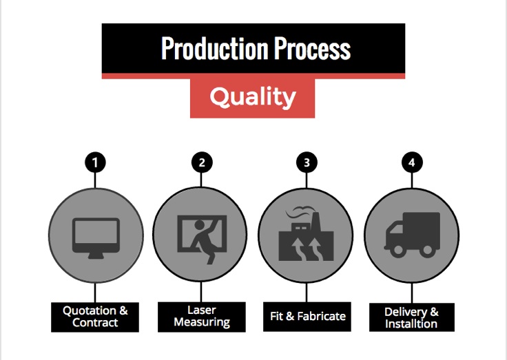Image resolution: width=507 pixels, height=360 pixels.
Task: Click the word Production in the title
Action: (215, 48)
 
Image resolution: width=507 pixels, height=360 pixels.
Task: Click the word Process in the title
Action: (312, 48)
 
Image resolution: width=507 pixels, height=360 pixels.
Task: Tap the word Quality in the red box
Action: (253, 97)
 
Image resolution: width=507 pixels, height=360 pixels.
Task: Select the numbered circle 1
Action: (95, 162)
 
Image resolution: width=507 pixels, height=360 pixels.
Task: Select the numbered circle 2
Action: (202, 162)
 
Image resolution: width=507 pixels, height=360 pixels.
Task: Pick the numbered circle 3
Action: (307, 162)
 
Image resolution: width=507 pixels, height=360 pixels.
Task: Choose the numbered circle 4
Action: (412, 162)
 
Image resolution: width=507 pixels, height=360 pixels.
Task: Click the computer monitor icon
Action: (96, 238)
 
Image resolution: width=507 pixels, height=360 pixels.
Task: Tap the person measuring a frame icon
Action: (202, 239)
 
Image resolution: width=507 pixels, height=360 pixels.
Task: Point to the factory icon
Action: (306, 234)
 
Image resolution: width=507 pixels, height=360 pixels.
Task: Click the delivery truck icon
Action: (412, 235)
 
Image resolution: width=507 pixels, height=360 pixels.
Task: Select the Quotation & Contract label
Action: (95, 317)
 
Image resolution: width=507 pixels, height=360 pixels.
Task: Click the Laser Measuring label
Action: (202, 317)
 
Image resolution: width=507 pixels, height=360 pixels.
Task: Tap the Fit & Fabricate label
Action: (307, 317)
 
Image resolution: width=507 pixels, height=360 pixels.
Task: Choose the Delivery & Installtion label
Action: (412, 317)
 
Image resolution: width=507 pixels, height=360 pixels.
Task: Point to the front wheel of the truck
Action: (398, 250)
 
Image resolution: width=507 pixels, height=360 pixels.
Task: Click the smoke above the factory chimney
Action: (299, 213)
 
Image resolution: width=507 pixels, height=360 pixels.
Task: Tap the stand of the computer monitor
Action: (96, 255)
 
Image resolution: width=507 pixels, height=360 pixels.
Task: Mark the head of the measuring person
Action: (199, 224)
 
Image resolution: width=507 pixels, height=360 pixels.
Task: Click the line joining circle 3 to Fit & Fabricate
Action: (307, 293)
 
